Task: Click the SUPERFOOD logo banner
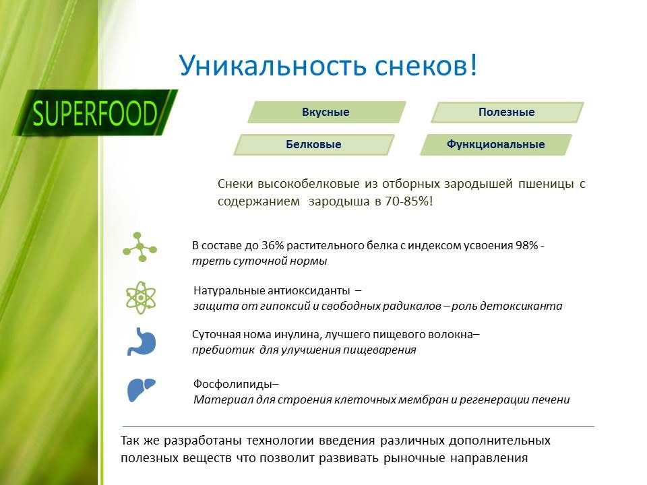96,112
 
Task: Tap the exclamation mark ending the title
472,65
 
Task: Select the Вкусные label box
327,112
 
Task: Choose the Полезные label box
507,112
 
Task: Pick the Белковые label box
314,144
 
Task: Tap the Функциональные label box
496,144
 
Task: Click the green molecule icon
140,247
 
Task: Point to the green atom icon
141,297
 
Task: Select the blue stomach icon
142,342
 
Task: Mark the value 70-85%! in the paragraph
409,201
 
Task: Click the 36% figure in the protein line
273,245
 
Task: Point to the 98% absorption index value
526,245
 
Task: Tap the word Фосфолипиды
233,385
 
